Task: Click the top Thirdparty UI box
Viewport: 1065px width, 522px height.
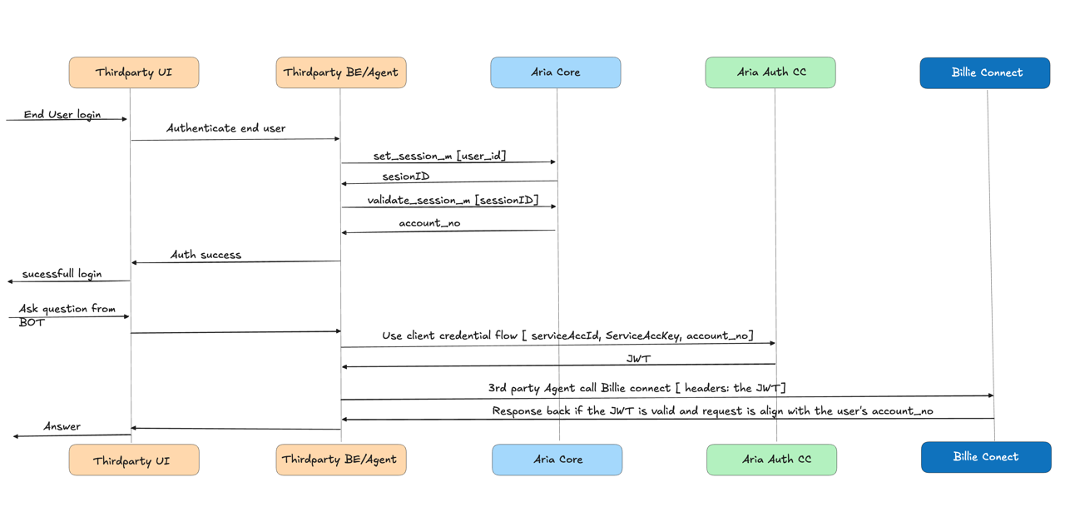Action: click(133, 72)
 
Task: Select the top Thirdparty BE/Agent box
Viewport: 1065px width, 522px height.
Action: click(340, 72)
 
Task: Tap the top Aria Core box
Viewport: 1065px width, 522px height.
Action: click(555, 72)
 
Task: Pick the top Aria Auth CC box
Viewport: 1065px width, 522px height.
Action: click(770, 72)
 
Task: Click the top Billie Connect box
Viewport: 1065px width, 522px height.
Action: click(986, 72)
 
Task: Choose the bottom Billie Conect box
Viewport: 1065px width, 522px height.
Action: click(986, 457)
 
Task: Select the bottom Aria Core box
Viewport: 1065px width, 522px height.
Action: click(557, 460)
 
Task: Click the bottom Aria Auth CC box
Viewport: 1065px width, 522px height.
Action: click(771, 460)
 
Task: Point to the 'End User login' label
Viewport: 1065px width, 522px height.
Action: click(62, 114)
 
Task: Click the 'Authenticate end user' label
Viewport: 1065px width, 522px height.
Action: click(225, 128)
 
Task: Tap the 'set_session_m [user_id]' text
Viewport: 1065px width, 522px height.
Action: click(439, 156)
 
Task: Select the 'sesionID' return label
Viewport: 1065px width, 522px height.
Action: click(405, 176)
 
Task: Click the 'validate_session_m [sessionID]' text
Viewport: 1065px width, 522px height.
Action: click(453, 200)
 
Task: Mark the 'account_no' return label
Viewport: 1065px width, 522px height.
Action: click(429, 223)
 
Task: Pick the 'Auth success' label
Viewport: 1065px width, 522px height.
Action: click(206, 255)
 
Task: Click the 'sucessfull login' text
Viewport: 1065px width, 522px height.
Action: click(62, 274)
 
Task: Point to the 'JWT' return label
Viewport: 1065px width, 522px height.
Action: click(638, 359)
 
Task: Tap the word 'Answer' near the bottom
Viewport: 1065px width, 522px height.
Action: click(62, 426)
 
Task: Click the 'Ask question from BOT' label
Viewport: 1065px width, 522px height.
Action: click(67, 315)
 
